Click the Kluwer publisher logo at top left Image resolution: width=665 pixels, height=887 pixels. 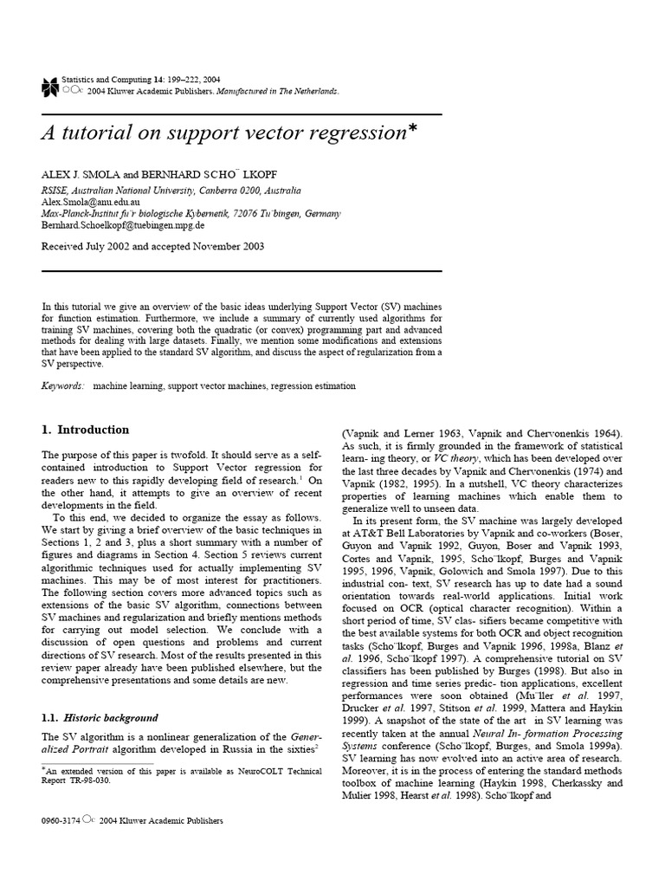[49, 84]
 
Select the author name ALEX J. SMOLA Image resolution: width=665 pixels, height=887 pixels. [81, 174]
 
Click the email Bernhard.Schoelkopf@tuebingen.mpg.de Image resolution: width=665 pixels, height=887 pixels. [123, 224]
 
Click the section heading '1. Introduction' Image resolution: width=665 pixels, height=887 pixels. [86, 430]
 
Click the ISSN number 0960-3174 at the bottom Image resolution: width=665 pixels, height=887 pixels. [61, 820]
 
